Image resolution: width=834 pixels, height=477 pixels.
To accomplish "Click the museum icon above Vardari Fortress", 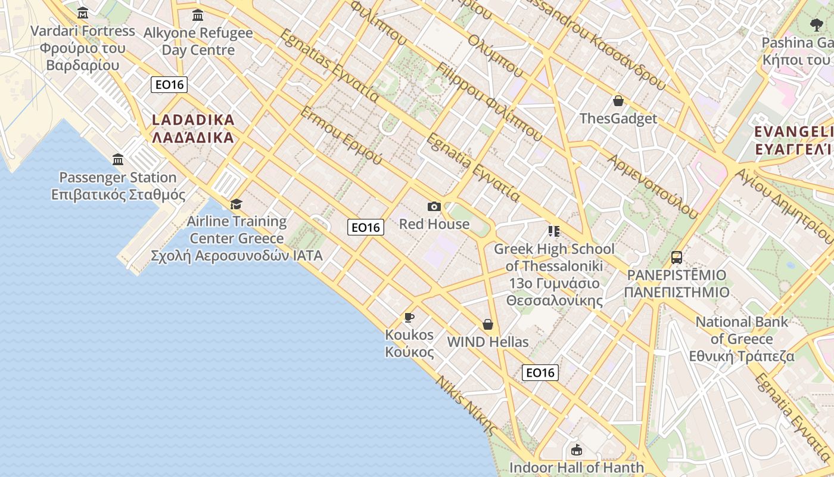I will [x=83, y=13].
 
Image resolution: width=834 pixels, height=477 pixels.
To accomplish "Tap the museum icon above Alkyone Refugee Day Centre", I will [x=198, y=15].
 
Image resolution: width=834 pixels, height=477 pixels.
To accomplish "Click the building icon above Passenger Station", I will [x=118, y=159].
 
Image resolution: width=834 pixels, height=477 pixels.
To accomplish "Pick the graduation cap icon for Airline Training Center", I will [x=236, y=204].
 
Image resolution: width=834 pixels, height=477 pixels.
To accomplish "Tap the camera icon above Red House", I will [x=434, y=206].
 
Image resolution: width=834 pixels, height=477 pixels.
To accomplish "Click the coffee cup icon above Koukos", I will [x=409, y=317].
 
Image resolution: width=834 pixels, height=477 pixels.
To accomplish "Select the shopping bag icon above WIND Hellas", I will [x=488, y=324].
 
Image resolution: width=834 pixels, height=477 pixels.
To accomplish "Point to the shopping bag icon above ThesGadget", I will [x=618, y=101].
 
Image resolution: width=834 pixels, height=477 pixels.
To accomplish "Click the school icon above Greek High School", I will [x=554, y=231].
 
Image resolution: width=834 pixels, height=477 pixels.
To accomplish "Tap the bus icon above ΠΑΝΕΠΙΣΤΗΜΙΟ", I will [x=677, y=258].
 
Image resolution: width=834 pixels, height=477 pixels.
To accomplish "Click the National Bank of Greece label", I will [x=742, y=339].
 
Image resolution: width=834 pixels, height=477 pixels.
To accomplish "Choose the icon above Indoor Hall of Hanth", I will [x=576, y=450].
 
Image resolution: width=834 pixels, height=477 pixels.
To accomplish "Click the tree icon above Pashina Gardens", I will [x=816, y=25].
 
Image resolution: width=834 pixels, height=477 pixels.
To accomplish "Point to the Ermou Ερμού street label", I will [x=341, y=136].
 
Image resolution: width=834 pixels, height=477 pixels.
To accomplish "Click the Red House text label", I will [x=434, y=224].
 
